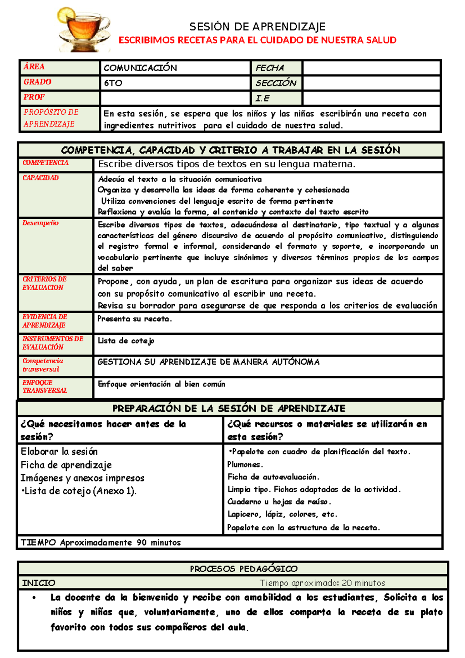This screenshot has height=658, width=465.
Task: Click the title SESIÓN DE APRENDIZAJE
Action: tap(257, 27)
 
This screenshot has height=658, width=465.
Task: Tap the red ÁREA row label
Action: tap(34, 67)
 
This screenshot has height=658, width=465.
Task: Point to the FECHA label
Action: tap(270, 68)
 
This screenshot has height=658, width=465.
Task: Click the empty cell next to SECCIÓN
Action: tap(371, 83)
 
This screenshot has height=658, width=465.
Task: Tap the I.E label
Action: tap(262, 99)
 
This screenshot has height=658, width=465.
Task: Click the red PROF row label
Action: tap(34, 97)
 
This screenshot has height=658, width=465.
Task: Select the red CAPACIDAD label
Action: tap(41, 178)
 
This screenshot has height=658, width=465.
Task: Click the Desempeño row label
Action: tap(40, 223)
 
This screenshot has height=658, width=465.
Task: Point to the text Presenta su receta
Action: tap(134, 319)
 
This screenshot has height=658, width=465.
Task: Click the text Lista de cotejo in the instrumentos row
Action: tap(126, 341)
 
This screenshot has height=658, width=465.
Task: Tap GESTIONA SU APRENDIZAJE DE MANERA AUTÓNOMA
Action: tap(208, 362)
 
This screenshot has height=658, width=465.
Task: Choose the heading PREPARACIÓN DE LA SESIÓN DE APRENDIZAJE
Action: tap(229, 408)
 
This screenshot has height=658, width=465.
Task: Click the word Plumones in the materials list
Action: tap(245, 464)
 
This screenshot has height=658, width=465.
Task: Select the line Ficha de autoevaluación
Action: tap(273, 477)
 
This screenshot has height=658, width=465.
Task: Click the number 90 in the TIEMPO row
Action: tap(141, 542)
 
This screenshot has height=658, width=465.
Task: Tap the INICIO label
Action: tap(39, 583)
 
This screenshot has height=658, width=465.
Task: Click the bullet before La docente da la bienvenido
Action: tap(34, 598)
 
